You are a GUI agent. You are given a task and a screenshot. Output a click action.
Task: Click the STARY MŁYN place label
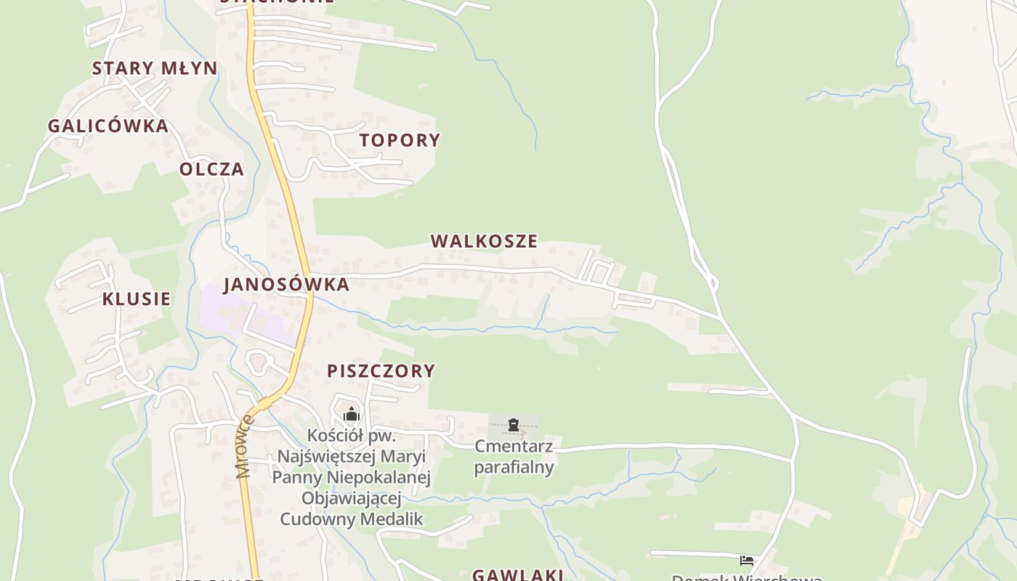click(x=154, y=68)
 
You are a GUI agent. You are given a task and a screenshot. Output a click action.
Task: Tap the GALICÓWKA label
click(x=108, y=126)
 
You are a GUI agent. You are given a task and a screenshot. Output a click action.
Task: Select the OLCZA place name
click(x=211, y=169)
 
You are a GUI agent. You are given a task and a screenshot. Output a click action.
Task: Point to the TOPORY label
click(x=400, y=140)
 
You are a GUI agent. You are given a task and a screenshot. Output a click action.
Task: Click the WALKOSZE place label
click(x=484, y=241)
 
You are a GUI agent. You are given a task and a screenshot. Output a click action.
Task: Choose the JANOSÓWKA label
click(x=286, y=285)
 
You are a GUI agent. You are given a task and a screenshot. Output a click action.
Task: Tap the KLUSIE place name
click(x=137, y=299)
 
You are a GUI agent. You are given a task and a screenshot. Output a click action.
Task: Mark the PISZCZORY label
click(x=381, y=371)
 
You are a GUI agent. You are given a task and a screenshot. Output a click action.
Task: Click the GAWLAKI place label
click(x=518, y=575)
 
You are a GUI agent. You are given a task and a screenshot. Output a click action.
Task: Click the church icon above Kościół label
click(x=352, y=415)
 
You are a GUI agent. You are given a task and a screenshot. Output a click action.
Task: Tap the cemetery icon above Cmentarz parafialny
click(x=514, y=425)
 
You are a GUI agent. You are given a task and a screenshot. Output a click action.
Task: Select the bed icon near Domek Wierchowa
click(x=746, y=561)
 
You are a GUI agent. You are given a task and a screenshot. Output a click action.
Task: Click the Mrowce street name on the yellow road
click(x=245, y=446)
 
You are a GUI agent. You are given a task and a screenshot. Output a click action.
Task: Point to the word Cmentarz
click(x=514, y=446)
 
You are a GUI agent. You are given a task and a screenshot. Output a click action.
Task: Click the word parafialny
click(x=514, y=467)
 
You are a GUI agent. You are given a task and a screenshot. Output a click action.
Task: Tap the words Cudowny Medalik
click(x=351, y=519)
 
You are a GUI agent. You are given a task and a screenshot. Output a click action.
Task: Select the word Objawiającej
click(x=351, y=498)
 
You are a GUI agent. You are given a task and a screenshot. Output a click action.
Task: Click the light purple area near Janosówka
click(x=218, y=309)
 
